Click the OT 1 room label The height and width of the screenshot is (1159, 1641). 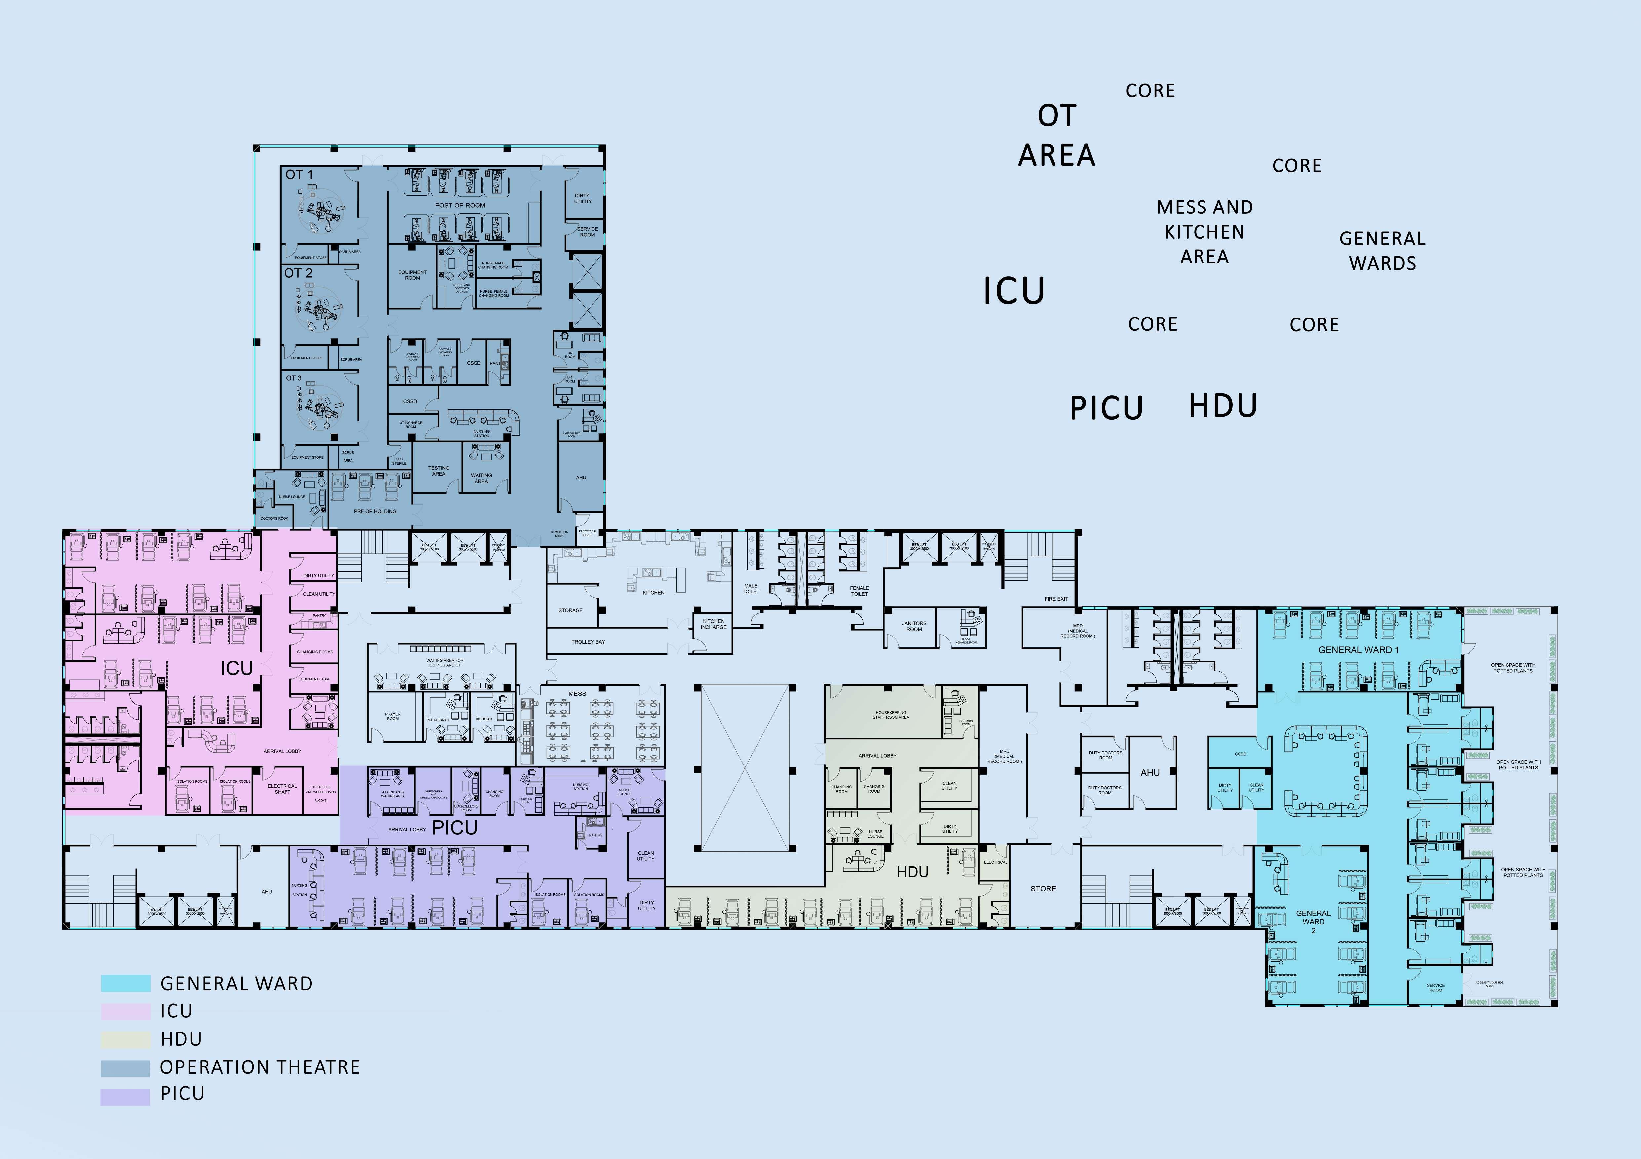point(299,174)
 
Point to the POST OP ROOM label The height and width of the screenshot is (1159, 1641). point(460,205)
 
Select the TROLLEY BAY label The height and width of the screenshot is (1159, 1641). point(588,642)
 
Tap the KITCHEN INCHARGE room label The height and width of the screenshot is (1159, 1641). point(713,624)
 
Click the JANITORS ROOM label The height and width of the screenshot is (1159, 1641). point(913,626)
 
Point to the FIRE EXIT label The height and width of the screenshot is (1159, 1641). point(1056,599)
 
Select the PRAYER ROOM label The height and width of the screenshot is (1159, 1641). point(392,716)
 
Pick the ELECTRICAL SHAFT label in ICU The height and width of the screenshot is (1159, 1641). point(282,789)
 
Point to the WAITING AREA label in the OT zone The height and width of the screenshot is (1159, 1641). point(481,478)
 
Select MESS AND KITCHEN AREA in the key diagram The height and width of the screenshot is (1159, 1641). point(1204,232)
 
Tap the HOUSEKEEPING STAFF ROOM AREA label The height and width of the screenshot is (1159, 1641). point(891,715)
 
